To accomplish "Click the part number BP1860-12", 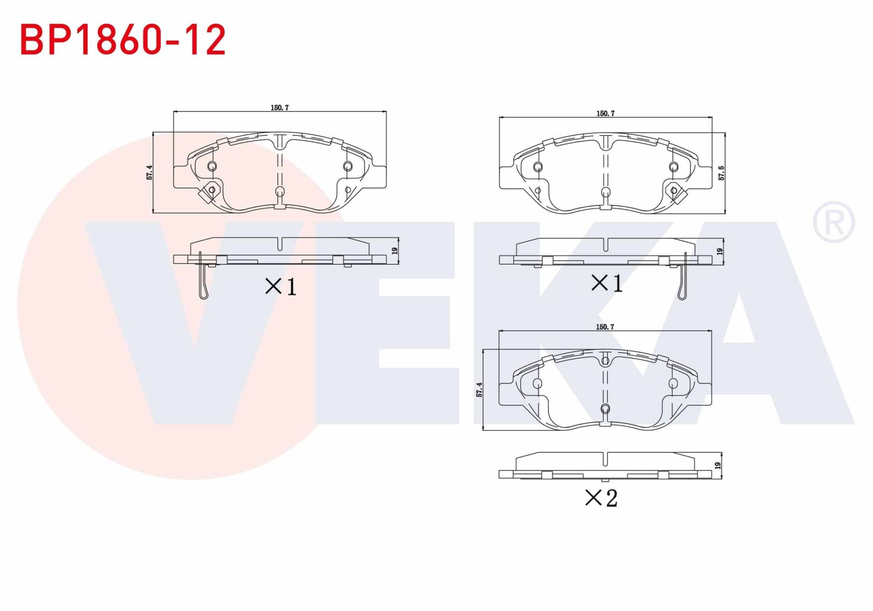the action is pyautogui.click(x=123, y=40).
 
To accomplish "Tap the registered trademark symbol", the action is pyautogui.click(x=833, y=222).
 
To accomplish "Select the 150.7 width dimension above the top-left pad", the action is pyautogui.click(x=280, y=108).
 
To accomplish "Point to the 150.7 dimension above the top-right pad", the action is pyautogui.click(x=605, y=114).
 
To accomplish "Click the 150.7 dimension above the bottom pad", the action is pyautogui.click(x=605, y=327).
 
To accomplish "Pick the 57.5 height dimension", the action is pyautogui.click(x=721, y=173).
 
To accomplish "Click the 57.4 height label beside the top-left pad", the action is pyautogui.click(x=150, y=172).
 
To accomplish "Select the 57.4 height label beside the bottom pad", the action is pyautogui.click(x=479, y=390).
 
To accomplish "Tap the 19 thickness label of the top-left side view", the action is pyautogui.click(x=395, y=250).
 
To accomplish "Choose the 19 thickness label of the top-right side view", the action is pyautogui.click(x=720, y=251).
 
